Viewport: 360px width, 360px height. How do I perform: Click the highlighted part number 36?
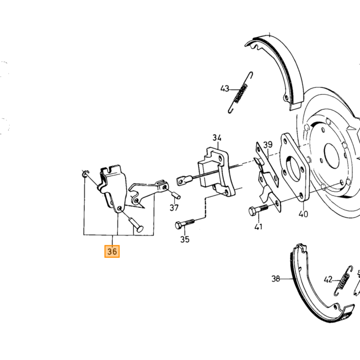pyautogui.click(x=112, y=251)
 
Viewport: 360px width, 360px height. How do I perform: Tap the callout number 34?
pyautogui.click(x=217, y=138)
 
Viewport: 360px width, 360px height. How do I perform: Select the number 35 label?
pyautogui.click(x=185, y=240)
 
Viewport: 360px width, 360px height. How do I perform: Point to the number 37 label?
pyautogui.click(x=174, y=208)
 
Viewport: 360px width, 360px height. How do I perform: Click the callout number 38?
pyautogui.click(x=276, y=279)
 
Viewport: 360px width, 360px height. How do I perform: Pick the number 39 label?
pyautogui.click(x=268, y=145)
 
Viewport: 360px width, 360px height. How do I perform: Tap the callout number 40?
pyautogui.click(x=303, y=214)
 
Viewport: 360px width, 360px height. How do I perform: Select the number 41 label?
pyautogui.click(x=258, y=227)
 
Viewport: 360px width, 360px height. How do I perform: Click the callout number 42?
pyautogui.click(x=328, y=280)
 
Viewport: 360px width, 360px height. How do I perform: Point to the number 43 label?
pyautogui.click(x=225, y=88)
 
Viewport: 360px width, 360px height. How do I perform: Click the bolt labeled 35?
pyautogui.click(x=185, y=224)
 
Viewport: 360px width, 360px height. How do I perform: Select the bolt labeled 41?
pyautogui.click(x=258, y=210)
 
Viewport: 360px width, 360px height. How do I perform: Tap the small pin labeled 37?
pyautogui.click(x=176, y=195)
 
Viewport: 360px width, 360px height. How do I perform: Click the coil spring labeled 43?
pyautogui.click(x=241, y=93)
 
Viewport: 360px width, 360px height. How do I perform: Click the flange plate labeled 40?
pyautogui.click(x=294, y=167)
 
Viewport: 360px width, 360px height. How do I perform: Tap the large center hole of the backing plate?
pyautogui.click(x=332, y=156)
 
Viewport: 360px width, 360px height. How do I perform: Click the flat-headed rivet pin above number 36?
pyautogui.click(x=135, y=224)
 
